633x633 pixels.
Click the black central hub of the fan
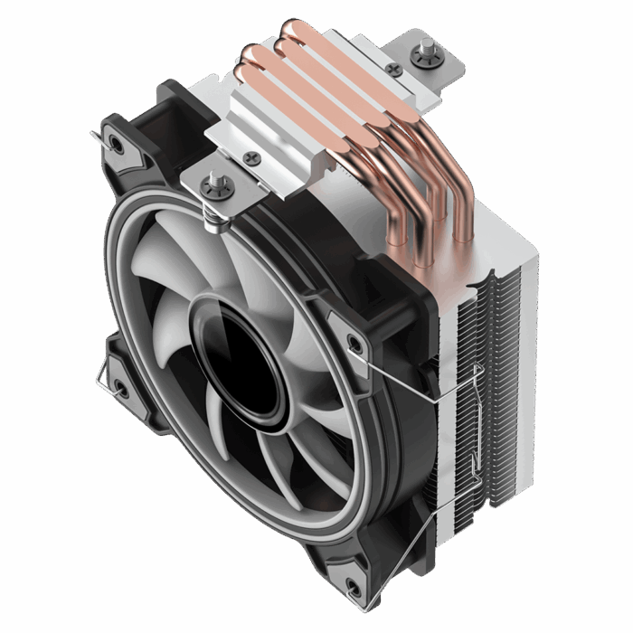(x=238, y=356)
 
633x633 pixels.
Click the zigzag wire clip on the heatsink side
(x=470, y=425)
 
